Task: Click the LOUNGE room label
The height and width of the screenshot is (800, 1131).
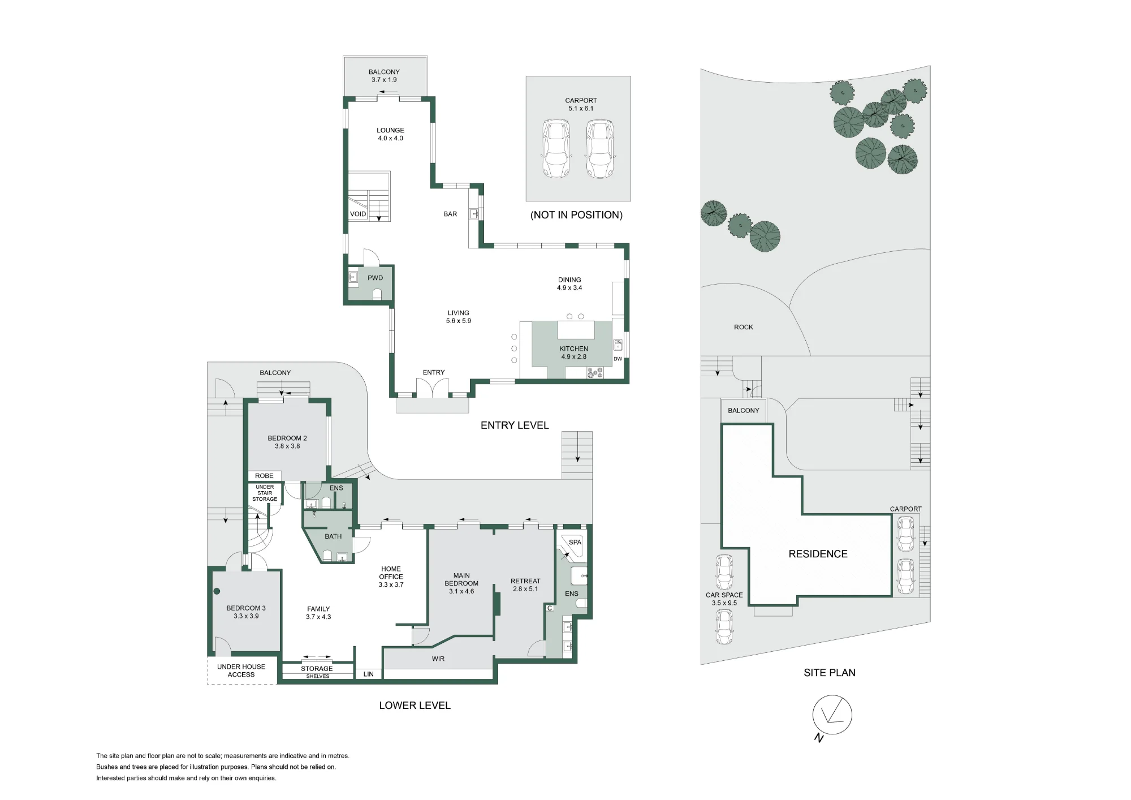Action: [x=390, y=130]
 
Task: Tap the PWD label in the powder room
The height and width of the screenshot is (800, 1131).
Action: [x=375, y=278]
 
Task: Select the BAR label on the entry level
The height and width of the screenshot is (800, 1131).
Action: [x=450, y=214]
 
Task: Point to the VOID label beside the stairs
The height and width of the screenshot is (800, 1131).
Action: [x=358, y=214]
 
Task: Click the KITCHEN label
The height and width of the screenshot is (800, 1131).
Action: [x=573, y=349]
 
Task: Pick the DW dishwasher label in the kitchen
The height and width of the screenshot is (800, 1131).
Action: [x=618, y=359]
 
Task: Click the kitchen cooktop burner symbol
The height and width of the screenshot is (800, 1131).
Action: [x=595, y=373]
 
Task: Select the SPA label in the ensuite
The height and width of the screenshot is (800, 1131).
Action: [x=575, y=542]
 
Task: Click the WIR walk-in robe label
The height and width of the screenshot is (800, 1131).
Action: [x=438, y=659]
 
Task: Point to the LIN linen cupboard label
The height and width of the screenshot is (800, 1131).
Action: [x=368, y=674]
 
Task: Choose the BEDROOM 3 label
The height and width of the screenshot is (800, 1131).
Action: [x=246, y=608]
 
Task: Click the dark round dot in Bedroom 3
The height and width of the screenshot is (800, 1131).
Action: [x=217, y=592]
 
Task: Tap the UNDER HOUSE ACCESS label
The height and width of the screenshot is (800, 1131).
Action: [x=241, y=670]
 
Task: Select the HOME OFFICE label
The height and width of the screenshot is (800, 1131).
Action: [x=391, y=573]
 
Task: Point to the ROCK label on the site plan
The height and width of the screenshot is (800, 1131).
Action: [x=743, y=327]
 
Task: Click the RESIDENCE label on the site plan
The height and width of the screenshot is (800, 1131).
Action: [x=818, y=554]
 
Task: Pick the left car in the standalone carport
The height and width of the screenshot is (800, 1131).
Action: [x=556, y=149]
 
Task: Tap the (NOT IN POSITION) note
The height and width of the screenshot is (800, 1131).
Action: [x=576, y=215]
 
